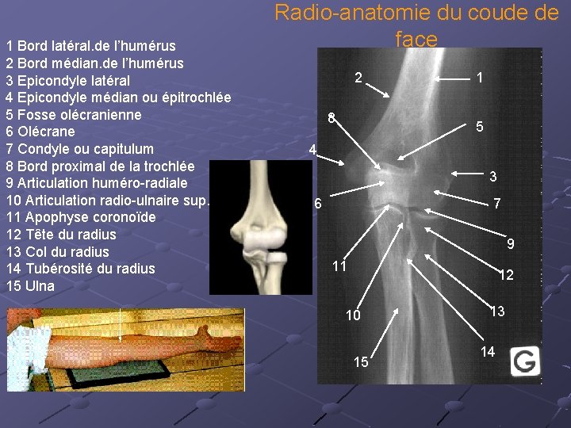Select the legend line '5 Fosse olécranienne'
coord(73,115)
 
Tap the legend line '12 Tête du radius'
coord(60,235)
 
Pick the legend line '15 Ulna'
coord(30,286)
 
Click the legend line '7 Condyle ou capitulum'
coord(79,149)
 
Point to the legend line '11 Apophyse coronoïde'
coord(80,217)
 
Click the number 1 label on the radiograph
coord(480,78)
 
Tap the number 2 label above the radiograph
coord(358,78)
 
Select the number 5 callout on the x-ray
coord(480,127)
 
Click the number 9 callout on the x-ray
coord(512,244)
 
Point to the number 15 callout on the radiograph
coord(361,362)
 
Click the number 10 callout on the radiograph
coord(353,315)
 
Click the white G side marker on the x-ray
coord(523,361)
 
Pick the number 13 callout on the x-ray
coord(497,311)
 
